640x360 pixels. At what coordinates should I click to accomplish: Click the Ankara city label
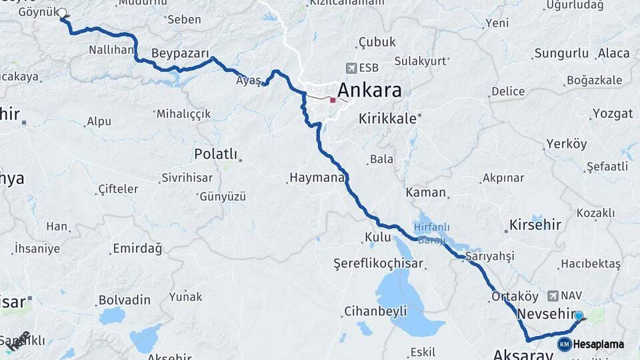pyautogui.click(x=369, y=90)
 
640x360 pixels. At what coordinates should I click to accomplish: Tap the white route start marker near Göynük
pyautogui.click(x=62, y=13)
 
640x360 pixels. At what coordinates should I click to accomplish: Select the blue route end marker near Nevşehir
pyautogui.click(x=579, y=316)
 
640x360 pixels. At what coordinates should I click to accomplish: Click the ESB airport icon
pyautogui.click(x=351, y=67)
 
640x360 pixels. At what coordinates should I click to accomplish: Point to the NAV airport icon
pyautogui.click(x=553, y=295)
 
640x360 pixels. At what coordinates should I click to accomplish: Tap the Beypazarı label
pyautogui.click(x=180, y=53)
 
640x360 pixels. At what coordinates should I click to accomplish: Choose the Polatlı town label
pyautogui.click(x=215, y=154)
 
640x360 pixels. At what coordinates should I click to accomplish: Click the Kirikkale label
pyautogui.click(x=387, y=119)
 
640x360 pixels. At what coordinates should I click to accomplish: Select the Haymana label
pyautogui.click(x=316, y=178)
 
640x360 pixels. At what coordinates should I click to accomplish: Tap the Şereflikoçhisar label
pyautogui.click(x=379, y=263)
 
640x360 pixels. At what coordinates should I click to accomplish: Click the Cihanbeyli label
pyautogui.click(x=375, y=311)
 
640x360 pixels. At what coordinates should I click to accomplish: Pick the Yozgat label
pyautogui.click(x=612, y=113)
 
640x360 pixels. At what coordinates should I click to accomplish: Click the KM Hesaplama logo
pyautogui.click(x=591, y=344)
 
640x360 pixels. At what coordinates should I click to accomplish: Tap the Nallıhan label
pyautogui.click(x=111, y=51)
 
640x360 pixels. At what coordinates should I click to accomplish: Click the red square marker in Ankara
pyautogui.click(x=333, y=100)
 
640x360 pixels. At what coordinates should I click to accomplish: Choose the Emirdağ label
pyautogui.click(x=137, y=249)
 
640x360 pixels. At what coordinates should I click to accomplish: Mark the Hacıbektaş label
pyautogui.click(x=590, y=264)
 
